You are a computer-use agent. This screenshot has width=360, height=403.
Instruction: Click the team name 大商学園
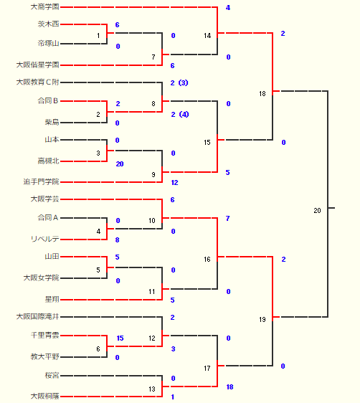tap(45, 7)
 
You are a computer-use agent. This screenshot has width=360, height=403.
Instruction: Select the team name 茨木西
tap(49, 24)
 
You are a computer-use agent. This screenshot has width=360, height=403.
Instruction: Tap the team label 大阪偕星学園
tap(38, 65)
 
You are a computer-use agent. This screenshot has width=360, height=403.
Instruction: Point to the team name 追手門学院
tap(42, 181)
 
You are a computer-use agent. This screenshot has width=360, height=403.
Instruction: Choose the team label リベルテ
tap(45, 239)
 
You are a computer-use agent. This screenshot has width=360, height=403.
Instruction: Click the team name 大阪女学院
tap(42, 278)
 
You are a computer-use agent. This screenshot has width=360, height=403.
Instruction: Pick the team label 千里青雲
tap(45, 335)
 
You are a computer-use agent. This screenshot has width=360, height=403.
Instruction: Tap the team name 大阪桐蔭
tap(45, 396)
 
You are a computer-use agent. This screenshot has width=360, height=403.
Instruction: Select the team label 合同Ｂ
tap(48, 100)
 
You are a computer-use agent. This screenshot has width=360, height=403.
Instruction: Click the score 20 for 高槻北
tap(120, 164)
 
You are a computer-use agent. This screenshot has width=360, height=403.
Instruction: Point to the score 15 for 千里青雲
tap(120, 338)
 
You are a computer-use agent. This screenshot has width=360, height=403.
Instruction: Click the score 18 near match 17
tap(229, 387)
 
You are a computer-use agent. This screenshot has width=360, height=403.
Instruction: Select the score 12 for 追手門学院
tap(174, 182)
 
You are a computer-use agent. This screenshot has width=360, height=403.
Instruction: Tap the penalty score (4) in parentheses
tap(184, 114)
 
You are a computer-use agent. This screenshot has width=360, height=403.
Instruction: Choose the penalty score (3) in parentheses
tap(183, 82)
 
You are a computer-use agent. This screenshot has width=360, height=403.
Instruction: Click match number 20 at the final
tap(318, 211)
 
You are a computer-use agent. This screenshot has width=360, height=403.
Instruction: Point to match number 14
tap(207, 36)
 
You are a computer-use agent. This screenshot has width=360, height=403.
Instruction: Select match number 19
tap(262, 320)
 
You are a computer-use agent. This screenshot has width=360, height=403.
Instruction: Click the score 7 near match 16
tap(227, 219)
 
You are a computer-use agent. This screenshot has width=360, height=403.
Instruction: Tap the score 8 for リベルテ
tap(117, 240)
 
